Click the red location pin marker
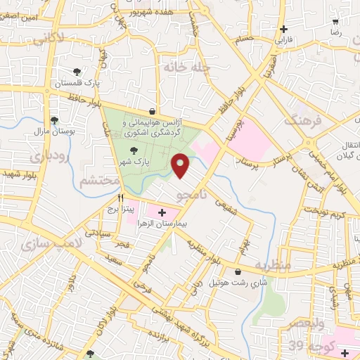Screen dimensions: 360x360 click(181, 166)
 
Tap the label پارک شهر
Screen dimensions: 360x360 click(134, 162)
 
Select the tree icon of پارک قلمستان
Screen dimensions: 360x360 click(77, 71)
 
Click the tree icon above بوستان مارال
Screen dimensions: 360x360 click(54, 120)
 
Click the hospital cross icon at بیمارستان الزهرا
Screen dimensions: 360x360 click(162, 212)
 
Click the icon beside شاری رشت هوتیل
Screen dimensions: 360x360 click(236, 271)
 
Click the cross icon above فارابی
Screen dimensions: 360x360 click(283, 30)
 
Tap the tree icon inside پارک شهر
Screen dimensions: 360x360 click(134, 150)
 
